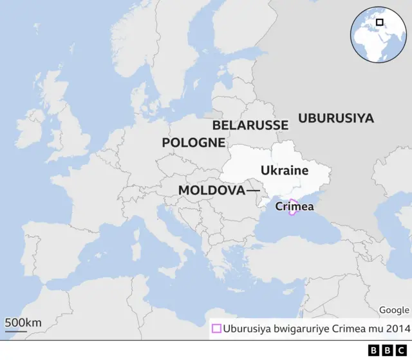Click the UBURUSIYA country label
tap(335, 118)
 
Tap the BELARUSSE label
tap(250, 125)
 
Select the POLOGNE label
tap(193, 142)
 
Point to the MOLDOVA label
tap(211, 191)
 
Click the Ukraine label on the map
tap(285, 171)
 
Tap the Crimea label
tap(294, 207)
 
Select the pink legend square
tap(216, 328)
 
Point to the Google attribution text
tap(393, 310)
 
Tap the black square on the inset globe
tap(380, 23)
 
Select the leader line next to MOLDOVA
tap(253, 191)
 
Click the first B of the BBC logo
tap(374, 350)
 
